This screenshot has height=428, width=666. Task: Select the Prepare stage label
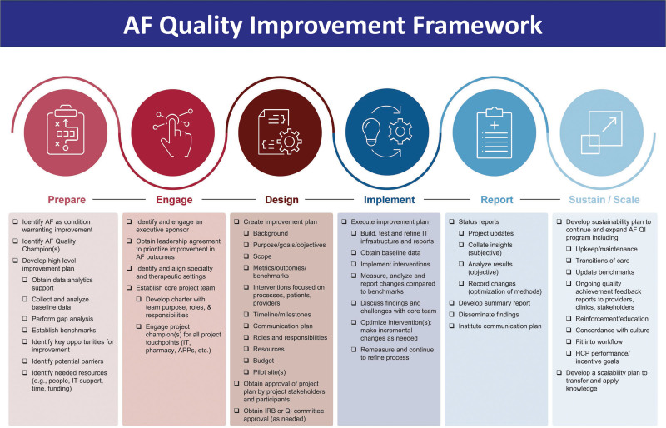click(67, 200)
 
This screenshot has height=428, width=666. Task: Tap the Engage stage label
click(174, 200)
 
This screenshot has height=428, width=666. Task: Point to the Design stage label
click(281, 200)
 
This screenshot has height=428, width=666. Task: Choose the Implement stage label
click(389, 200)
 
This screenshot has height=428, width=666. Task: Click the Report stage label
click(497, 200)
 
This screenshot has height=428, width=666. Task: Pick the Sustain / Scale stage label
click(604, 200)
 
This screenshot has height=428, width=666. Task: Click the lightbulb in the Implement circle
click(371, 132)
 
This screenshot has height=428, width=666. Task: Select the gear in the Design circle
click(290, 141)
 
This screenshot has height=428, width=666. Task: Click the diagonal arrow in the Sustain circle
click(609, 125)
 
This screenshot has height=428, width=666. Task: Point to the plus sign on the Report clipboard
click(495, 125)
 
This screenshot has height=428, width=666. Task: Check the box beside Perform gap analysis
click(26, 319)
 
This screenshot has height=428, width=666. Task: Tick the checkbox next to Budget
click(246, 361)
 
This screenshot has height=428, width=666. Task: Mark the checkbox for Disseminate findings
click(452, 315)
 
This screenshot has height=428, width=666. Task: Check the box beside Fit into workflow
click(569, 341)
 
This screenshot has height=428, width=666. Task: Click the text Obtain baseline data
click(390, 253)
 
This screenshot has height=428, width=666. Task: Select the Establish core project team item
click(175, 288)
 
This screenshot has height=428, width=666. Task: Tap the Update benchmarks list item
click(604, 272)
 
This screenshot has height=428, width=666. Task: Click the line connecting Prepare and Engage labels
click(119, 199)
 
